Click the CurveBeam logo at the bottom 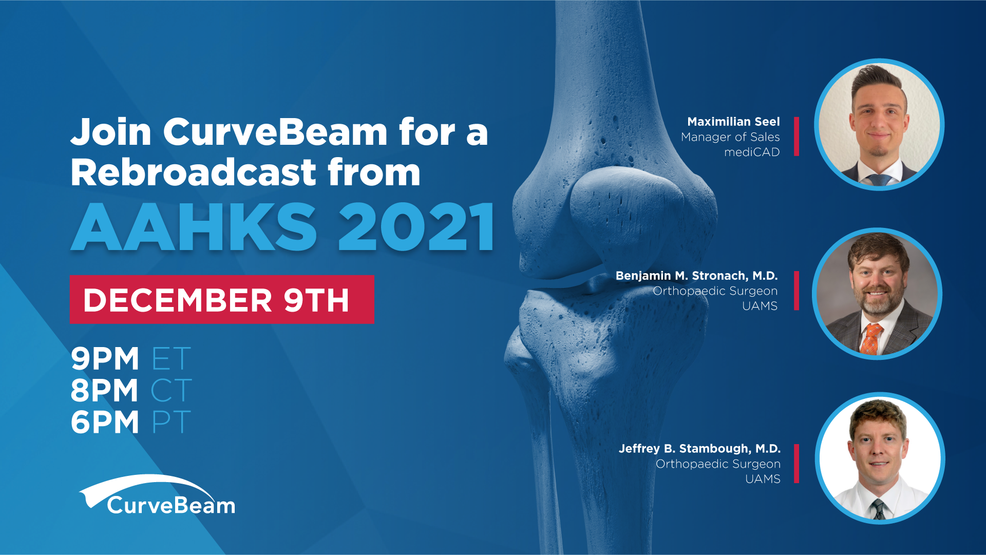pyautogui.click(x=157, y=495)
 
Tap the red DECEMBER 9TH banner pyautogui.click(x=222, y=299)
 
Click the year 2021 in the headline pyautogui.click(x=416, y=226)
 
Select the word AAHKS pyautogui.click(x=194, y=226)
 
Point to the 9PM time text pyautogui.click(x=105, y=358)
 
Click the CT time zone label pyautogui.click(x=172, y=390)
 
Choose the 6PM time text pyautogui.click(x=105, y=422)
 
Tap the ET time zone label pyautogui.click(x=172, y=358)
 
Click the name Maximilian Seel pyautogui.click(x=733, y=122)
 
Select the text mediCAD pyautogui.click(x=752, y=152)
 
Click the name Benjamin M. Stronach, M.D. pyautogui.click(x=696, y=276)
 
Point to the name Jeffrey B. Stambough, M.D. pyautogui.click(x=699, y=449)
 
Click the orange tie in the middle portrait pyautogui.click(x=869, y=339)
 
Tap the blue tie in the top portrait pyautogui.click(x=879, y=180)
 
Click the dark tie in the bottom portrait pyautogui.click(x=879, y=510)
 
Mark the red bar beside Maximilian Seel pyautogui.click(x=797, y=137)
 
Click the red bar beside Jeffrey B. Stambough pyautogui.click(x=797, y=464)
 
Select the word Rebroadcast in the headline pyautogui.click(x=194, y=172)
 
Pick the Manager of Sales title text pyautogui.click(x=730, y=137)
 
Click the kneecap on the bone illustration pyautogui.click(x=627, y=216)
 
